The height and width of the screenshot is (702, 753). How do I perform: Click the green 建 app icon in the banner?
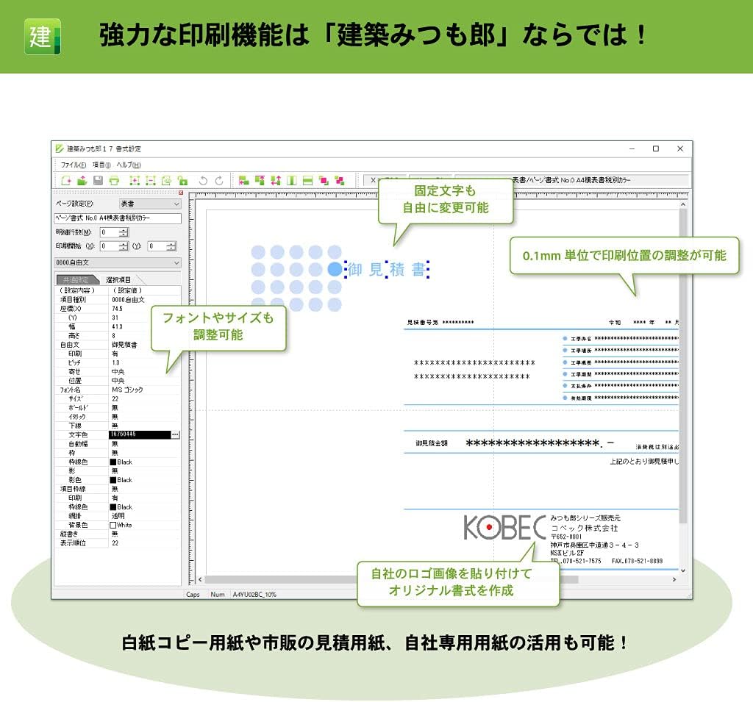[x=43, y=36]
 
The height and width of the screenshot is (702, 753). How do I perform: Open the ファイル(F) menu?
[x=73, y=165]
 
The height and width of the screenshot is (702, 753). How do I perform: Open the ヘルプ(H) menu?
[x=129, y=165]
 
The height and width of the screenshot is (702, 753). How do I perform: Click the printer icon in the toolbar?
[x=114, y=180]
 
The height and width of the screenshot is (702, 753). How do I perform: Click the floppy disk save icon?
[x=98, y=180]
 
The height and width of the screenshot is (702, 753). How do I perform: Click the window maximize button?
[x=655, y=148]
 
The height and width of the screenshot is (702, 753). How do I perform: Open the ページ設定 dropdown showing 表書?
[x=150, y=204]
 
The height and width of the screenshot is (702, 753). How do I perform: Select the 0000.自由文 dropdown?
[x=118, y=262]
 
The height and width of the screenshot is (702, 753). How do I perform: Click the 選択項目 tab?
[x=118, y=280]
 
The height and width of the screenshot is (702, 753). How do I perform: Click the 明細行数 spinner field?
[x=114, y=232]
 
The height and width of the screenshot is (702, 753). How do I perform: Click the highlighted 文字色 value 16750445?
[x=140, y=434]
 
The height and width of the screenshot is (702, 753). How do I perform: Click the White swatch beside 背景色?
[x=113, y=525]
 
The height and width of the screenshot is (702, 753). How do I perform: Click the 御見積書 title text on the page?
[x=387, y=270]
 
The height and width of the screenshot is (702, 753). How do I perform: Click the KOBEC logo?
[x=504, y=527]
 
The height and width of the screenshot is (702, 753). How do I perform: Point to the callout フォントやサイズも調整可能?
[x=218, y=326]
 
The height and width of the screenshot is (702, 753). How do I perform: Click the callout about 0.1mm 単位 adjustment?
[x=624, y=255]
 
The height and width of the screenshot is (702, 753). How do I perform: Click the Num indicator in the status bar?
[x=218, y=594]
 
